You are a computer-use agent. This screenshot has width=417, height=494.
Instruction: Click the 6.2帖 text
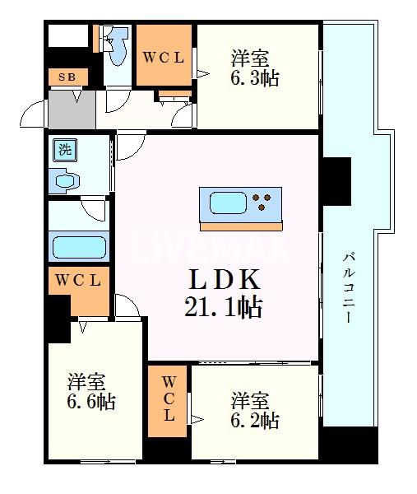click(x=254, y=421)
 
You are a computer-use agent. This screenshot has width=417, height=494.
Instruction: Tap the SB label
click(x=66, y=77)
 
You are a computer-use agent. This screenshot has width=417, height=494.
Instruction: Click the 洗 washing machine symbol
click(x=64, y=150)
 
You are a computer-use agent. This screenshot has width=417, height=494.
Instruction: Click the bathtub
click(x=79, y=245)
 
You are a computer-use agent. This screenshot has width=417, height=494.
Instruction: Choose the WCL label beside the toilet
click(x=164, y=58)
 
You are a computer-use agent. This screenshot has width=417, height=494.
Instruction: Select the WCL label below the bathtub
click(x=78, y=281)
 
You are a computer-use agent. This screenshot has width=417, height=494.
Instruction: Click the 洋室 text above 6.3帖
click(x=251, y=59)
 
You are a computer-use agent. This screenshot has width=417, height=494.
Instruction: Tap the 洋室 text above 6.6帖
click(x=86, y=382)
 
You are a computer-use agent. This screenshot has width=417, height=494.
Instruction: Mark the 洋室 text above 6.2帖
click(x=250, y=401)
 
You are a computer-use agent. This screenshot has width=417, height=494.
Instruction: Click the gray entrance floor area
click(x=72, y=106)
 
